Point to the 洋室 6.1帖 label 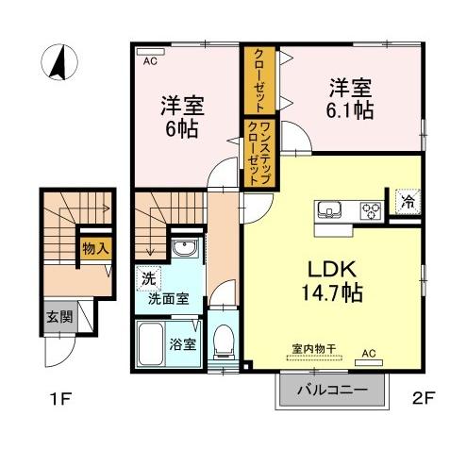349,99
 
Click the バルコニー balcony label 332,389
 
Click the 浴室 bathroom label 183,343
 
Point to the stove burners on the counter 371,210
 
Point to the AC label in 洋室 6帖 149,58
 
